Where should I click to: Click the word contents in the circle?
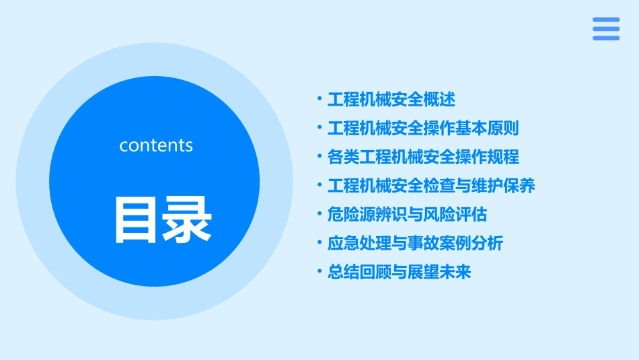click(x=156, y=145)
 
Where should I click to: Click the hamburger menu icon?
click(x=606, y=29)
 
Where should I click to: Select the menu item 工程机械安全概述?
click(x=391, y=100)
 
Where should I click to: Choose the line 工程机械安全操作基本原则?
click(x=423, y=128)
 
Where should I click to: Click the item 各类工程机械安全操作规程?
click(x=423, y=157)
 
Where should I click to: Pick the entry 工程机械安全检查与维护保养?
click(x=431, y=186)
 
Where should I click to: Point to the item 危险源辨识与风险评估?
click(x=407, y=215)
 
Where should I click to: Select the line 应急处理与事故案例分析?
click(x=415, y=243)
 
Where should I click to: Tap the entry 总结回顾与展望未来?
click(x=400, y=272)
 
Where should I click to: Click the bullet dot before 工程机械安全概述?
click(x=319, y=100)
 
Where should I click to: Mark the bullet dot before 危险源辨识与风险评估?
click(x=319, y=215)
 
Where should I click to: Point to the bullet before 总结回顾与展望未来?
click(x=319, y=272)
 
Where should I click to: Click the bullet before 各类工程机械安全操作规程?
click(x=319, y=157)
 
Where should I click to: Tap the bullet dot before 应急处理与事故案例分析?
click(x=319, y=243)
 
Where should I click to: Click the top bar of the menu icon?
click(x=606, y=20)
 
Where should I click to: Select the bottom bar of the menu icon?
click(x=606, y=38)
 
